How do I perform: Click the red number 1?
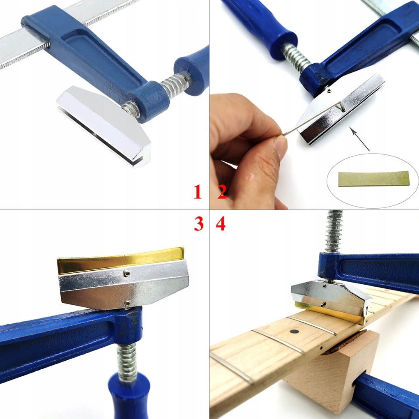[198, 192]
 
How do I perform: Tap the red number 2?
[222, 192]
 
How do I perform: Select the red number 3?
[199, 224]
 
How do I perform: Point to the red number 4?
[221, 224]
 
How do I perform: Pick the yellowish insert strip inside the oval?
[373, 179]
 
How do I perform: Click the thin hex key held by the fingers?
[312, 120]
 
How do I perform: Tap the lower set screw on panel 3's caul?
[127, 303]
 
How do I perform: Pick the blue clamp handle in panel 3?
[129, 394]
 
